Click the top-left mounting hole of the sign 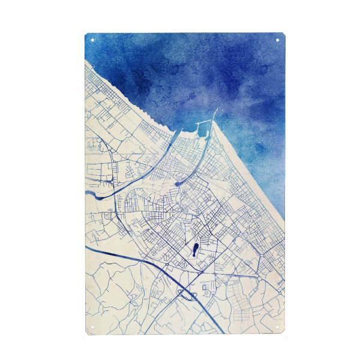tap(92, 40)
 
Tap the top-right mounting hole tap(278, 40)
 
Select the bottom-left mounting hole tap(92, 328)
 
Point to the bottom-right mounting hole tap(278, 328)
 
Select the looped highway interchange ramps tap(187, 294)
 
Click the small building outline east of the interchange tap(207, 289)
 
